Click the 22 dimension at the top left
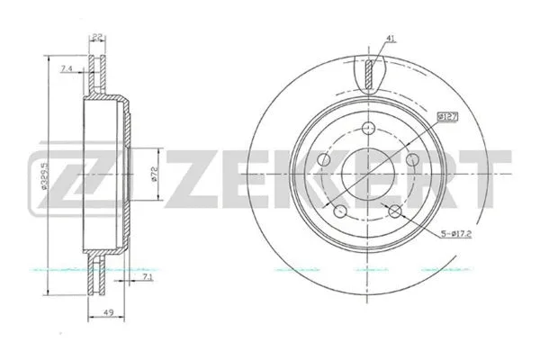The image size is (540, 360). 96,37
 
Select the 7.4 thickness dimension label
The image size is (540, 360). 66,70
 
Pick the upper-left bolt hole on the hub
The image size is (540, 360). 326,159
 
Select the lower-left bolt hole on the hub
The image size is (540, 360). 341,211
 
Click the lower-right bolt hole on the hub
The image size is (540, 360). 398,212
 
